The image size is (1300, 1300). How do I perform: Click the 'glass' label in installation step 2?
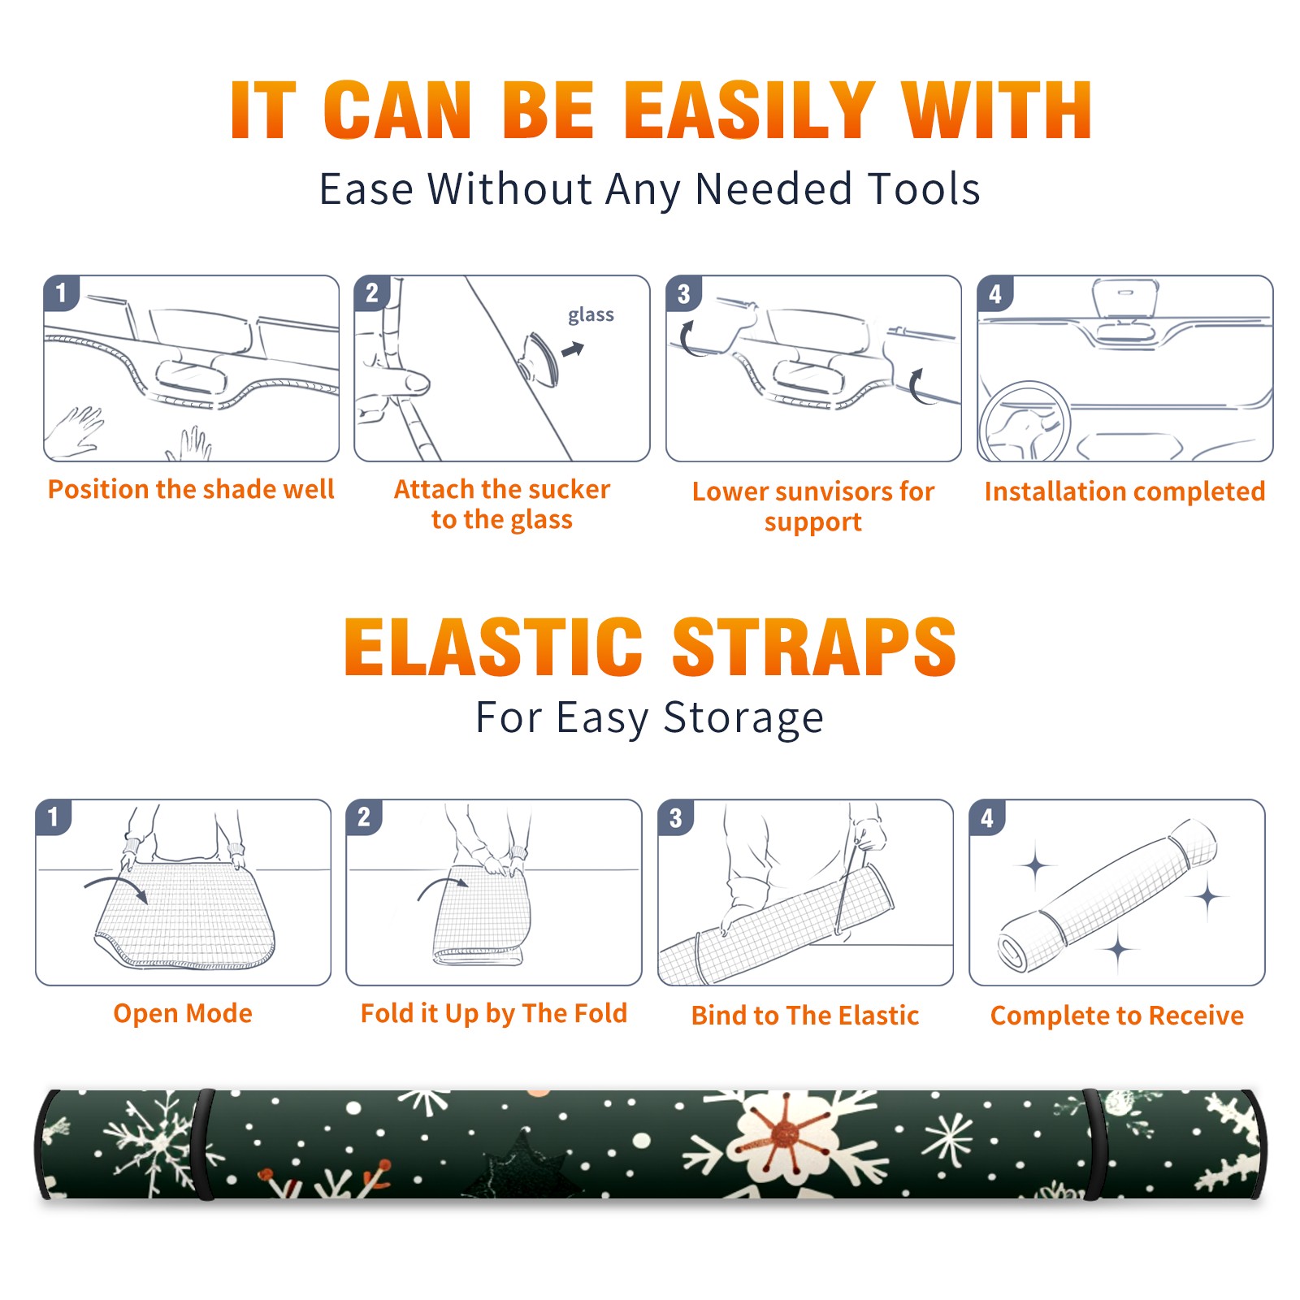tap(591, 315)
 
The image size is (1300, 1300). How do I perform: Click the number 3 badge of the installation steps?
tap(683, 294)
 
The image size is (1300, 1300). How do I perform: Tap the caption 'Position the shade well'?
tap(191, 489)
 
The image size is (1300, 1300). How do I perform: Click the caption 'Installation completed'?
tap(1124, 491)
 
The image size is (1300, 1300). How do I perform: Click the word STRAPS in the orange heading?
tap(814, 647)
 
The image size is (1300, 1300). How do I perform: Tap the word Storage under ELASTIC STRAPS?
tap(743, 718)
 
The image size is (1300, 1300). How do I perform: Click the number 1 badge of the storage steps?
tap(54, 817)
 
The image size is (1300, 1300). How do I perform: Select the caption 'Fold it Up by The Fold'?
tap(494, 1013)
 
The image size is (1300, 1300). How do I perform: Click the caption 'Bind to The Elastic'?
tap(804, 1015)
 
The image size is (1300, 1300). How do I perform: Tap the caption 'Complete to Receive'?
tap(1116, 1015)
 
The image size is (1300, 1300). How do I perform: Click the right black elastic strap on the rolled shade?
tap(1094, 1144)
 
